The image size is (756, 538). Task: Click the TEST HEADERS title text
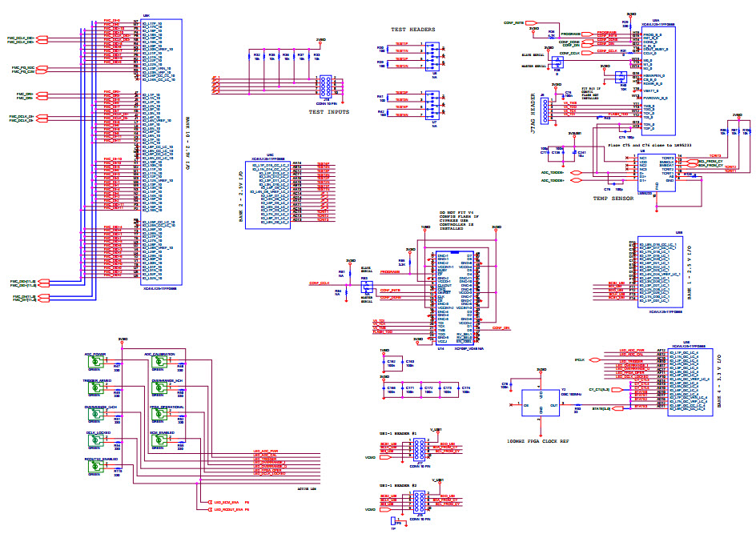point(412,30)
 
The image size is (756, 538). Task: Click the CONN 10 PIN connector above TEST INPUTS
point(328,86)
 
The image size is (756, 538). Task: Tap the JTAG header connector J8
point(546,110)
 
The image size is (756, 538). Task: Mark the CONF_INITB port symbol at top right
point(514,24)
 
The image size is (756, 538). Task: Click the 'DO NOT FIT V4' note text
point(459,211)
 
